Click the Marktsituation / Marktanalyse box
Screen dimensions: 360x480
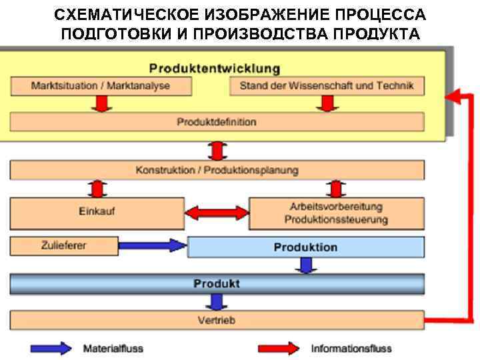tap(101, 86)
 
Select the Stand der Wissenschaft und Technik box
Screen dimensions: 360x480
tap(326, 86)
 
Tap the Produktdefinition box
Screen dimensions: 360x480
tap(217, 122)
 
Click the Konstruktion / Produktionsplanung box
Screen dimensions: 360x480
tap(217, 171)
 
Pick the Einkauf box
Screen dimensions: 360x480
tap(97, 213)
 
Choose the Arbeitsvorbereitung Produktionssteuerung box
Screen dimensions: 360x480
tap(336, 213)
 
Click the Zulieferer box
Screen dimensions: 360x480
tap(63, 246)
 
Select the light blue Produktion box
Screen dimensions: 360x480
tap(305, 247)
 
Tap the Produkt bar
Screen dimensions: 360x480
tap(217, 285)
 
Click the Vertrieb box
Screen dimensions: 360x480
tap(217, 320)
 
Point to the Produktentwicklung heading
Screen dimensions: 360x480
tap(214, 69)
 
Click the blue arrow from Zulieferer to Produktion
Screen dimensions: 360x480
tap(152, 246)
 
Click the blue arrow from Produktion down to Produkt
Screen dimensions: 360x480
tap(305, 266)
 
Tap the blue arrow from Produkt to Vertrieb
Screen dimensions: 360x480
tap(216, 302)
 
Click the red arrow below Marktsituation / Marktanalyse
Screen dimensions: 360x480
tap(101, 103)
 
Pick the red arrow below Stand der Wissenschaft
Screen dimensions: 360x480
tap(326, 103)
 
